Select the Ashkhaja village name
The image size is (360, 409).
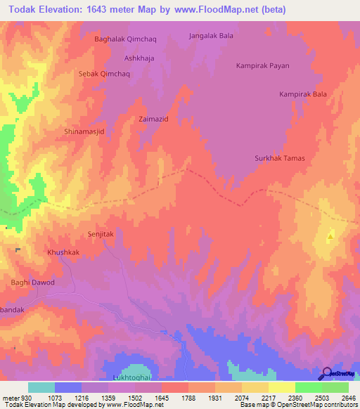point(139,58)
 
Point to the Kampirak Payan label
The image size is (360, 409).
point(262,65)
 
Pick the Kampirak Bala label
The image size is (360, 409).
point(303,93)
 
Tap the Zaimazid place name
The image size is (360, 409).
point(153,119)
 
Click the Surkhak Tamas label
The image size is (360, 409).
point(279,158)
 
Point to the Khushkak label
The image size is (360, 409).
point(63,252)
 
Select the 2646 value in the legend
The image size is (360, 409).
point(349,397)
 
